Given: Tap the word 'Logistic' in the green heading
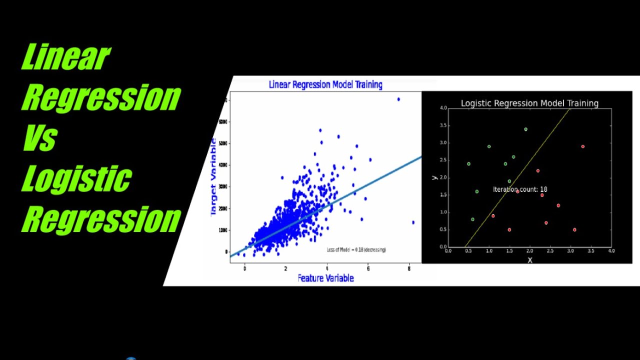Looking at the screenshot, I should click(x=76, y=178).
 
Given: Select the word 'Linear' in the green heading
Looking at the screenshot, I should click(x=65, y=57).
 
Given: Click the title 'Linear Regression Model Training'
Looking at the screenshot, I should click(x=325, y=84).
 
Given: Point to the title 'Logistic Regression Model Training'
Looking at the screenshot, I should click(x=529, y=103).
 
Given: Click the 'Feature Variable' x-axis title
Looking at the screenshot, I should click(x=325, y=278).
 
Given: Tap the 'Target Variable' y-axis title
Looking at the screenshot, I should click(x=213, y=177).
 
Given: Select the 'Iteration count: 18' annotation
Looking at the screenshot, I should click(x=520, y=189).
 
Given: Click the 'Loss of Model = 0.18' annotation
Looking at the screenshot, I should click(x=356, y=249).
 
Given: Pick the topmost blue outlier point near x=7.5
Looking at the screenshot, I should click(x=398, y=99).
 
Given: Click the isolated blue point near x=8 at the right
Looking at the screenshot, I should click(x=413, y=222).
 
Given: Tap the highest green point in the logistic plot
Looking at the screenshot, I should click(x=525, y=129).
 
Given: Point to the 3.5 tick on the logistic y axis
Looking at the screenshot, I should click(x=443, y=125).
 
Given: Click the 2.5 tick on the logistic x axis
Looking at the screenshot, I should click(x=550, y=251).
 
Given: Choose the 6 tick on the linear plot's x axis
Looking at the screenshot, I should click(x=368, y=268).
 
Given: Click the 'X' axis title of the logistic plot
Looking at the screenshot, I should click(x=530, y=260).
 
